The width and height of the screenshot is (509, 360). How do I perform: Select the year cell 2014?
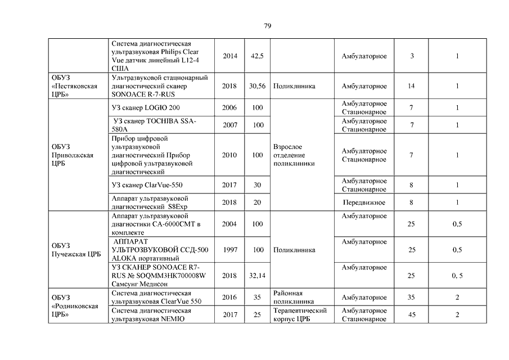tap(230, 56)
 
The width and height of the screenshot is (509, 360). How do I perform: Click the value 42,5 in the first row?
tap(258, 56)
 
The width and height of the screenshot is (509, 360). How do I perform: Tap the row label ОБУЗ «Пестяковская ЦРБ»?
tap(74, 87)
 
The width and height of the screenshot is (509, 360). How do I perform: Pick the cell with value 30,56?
tap(257, 87)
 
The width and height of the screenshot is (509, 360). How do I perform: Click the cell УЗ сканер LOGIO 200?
tap(147, 107)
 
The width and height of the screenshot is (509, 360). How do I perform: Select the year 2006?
tap(229, 107)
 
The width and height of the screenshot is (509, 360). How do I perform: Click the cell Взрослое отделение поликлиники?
tap(293, 155)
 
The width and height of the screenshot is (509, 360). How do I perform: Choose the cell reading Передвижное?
tap(364, 202)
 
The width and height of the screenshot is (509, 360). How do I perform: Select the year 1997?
tap(229, 250)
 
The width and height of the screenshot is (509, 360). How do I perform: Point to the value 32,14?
tap(257, 276)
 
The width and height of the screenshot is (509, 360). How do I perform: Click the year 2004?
tap(229, 224)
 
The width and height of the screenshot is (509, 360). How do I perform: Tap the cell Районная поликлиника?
tap(293, 297)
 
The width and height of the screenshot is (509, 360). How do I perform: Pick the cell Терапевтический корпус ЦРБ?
tap(300, 314)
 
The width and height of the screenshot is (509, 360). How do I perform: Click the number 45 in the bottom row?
tap(412, 315)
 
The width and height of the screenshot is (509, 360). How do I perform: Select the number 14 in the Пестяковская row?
tap(412, 87)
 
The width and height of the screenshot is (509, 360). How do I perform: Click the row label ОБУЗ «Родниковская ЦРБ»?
tap(75, 306)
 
